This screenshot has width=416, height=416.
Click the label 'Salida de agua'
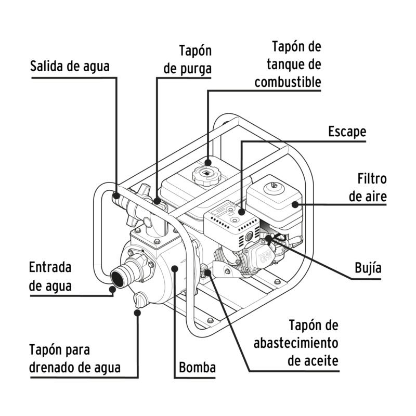70,66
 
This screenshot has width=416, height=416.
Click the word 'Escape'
347,132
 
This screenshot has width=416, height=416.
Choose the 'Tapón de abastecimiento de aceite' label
296,343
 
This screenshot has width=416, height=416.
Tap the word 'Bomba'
197,368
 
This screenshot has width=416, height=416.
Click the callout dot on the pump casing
175,268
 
